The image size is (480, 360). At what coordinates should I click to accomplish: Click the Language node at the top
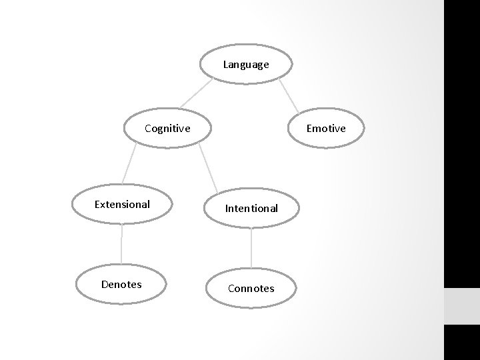(246, 65)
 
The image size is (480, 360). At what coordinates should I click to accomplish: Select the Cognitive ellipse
(167, 128)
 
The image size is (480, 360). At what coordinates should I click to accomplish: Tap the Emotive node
(326, 128)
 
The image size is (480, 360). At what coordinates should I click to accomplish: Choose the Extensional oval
(122, 204)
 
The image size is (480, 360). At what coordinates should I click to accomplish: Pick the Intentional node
(251, 208)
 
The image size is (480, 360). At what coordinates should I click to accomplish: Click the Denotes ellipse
(121, 284)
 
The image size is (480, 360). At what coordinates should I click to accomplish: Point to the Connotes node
(251, 288)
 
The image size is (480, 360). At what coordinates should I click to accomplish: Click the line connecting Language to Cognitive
(189, 95)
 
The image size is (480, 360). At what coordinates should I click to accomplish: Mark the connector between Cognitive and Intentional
(209, 168)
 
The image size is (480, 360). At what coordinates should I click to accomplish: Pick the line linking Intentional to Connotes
(251, 248)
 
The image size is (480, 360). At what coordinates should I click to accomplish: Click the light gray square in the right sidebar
(461, 306)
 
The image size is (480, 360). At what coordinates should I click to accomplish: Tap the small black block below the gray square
(461, 342)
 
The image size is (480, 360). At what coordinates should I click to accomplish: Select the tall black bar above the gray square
(461, 143)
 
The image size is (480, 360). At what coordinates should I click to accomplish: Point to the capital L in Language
(226, 65)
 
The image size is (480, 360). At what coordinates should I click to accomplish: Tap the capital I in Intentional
(227, 208)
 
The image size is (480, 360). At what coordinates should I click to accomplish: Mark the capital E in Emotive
(309, 128)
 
